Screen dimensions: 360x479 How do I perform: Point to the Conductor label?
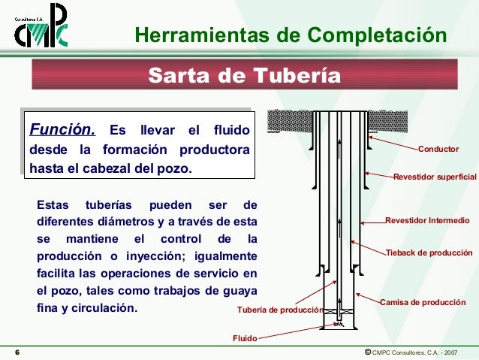point(438,150)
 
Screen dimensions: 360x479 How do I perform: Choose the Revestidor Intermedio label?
point(427,221)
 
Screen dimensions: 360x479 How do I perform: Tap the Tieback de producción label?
point(429,253)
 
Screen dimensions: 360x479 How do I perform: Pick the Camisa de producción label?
point(423,301)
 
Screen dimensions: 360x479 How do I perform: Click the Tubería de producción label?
point(279,310)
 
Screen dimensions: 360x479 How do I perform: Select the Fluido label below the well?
point(244,339)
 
